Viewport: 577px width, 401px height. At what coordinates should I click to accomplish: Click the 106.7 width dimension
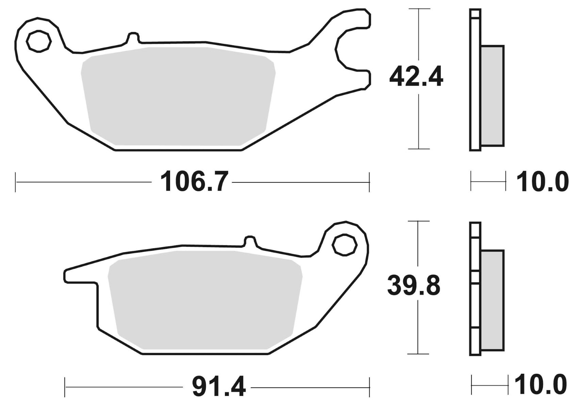point(194,181)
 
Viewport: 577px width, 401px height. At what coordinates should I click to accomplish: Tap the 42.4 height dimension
point(416,77)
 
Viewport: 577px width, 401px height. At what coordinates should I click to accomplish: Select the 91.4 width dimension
point(219,387)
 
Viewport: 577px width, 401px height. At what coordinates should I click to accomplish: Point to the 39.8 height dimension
point(414,286)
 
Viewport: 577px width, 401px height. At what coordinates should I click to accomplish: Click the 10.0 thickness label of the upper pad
point(542,181)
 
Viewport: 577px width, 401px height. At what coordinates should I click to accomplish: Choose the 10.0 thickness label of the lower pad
point(541,387)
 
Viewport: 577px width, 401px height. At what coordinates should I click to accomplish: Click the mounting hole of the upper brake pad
point(39,42)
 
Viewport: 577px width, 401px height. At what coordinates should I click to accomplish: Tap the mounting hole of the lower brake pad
point(344,245)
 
